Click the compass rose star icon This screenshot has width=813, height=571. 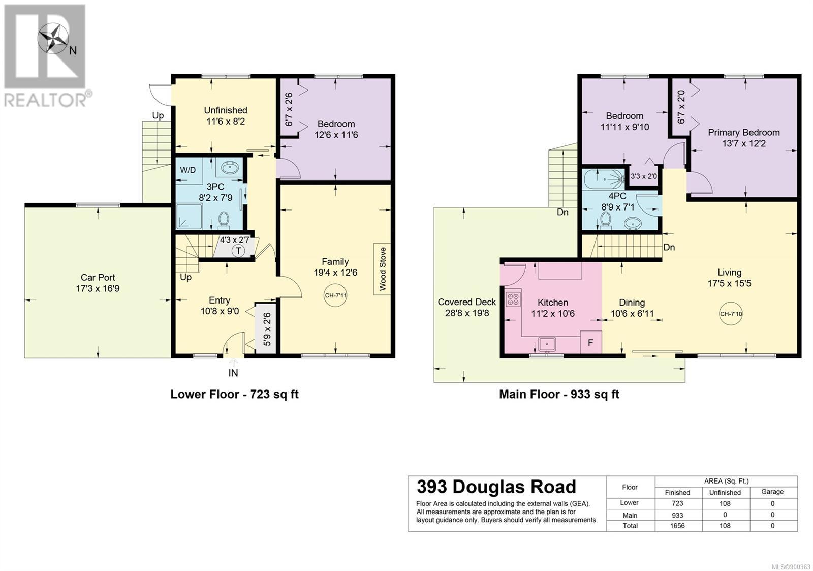point(53,39)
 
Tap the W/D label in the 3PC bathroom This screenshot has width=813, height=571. point(187,170)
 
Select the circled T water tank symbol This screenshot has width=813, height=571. point(238,251)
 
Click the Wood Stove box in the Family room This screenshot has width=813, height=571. point(382,269)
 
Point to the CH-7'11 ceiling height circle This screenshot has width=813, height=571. point(335,295)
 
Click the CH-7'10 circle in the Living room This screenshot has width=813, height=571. point(731,314)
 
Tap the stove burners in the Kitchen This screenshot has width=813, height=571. point(513,299)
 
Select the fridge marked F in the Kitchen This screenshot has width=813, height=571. point(591,342)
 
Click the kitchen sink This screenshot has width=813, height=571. point(547,344)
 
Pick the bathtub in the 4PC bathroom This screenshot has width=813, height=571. point(604,179)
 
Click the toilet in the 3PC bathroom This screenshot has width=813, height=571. point(224,221)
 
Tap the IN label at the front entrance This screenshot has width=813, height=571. point(233,373)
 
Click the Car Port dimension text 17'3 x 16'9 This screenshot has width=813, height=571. point(98,289)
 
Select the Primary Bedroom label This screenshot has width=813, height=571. point(744,133)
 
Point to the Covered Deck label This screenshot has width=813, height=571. point(467,302)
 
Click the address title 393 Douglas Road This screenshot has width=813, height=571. point(496,487)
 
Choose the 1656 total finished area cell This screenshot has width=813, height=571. point(677,526)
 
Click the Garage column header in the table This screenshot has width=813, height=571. point(772,492)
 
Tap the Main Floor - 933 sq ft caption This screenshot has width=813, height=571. point(559,394)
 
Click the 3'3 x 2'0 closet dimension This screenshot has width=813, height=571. point(644,176)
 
